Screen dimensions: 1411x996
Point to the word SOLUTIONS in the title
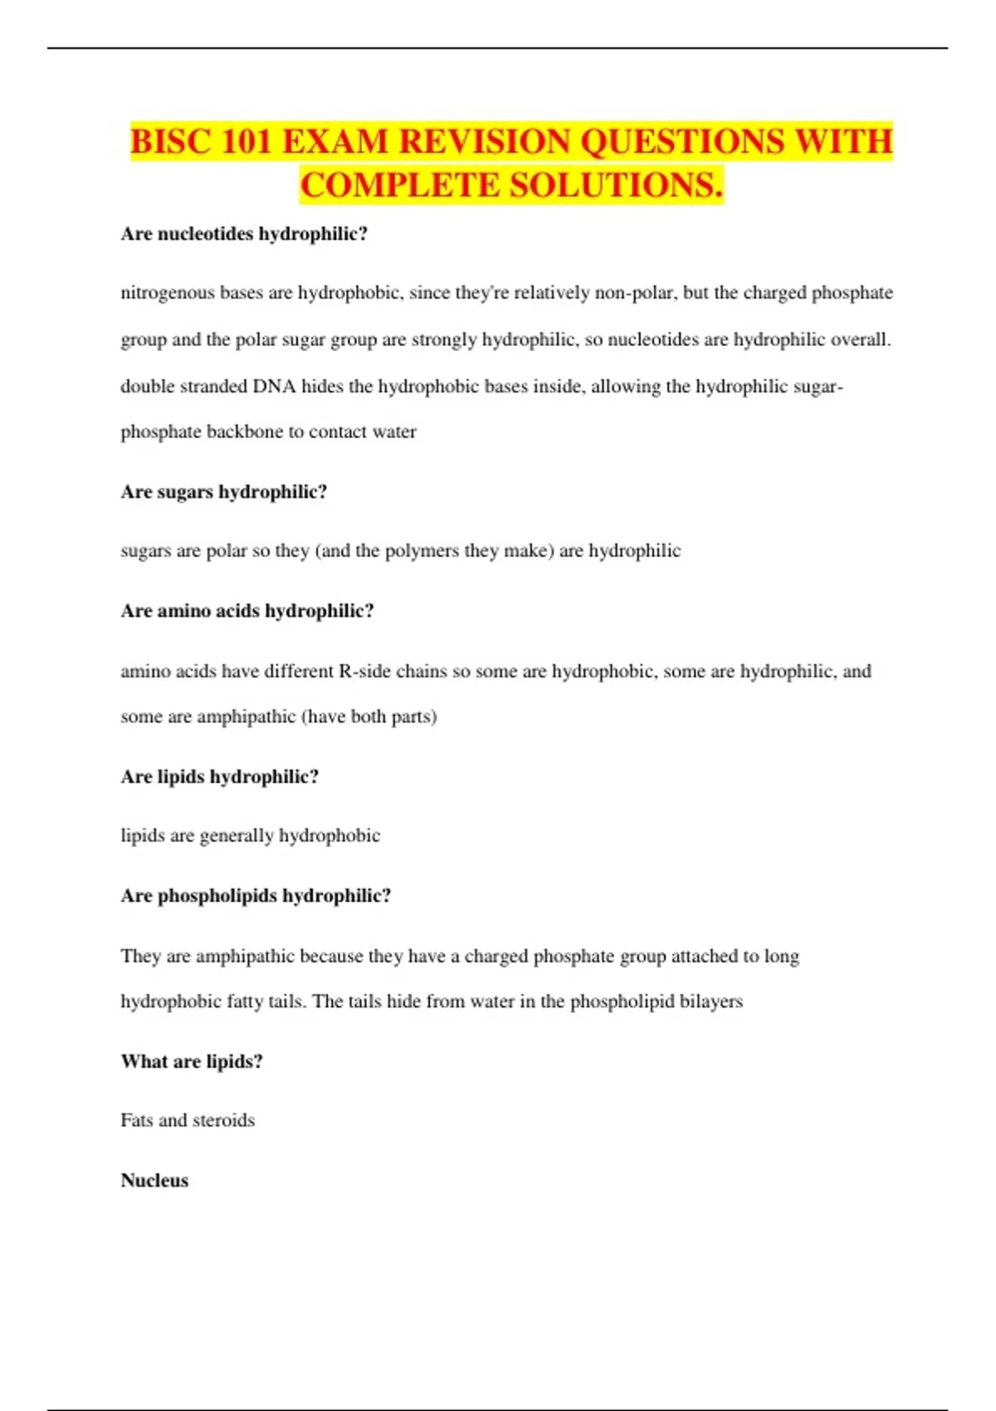tap(615, 185)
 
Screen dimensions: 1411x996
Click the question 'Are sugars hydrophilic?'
tap(224, 492)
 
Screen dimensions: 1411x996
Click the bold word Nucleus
tap(154, 1180)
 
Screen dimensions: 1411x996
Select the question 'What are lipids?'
tap(192, 1062)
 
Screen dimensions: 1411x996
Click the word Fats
tap(136, 1120)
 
